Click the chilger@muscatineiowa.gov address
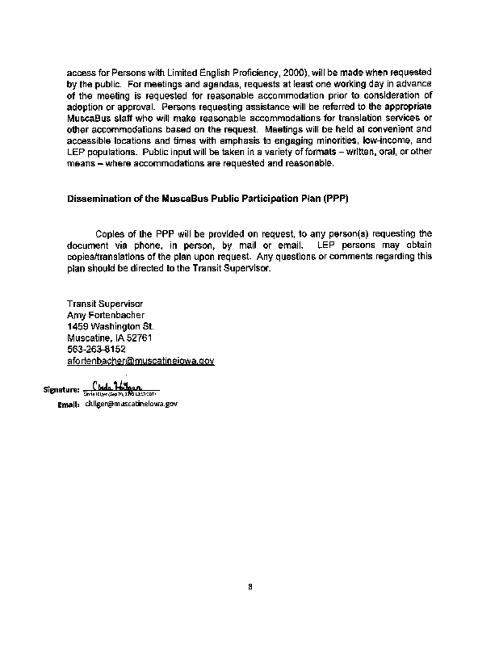[130, 403]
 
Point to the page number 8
[251, 587]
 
